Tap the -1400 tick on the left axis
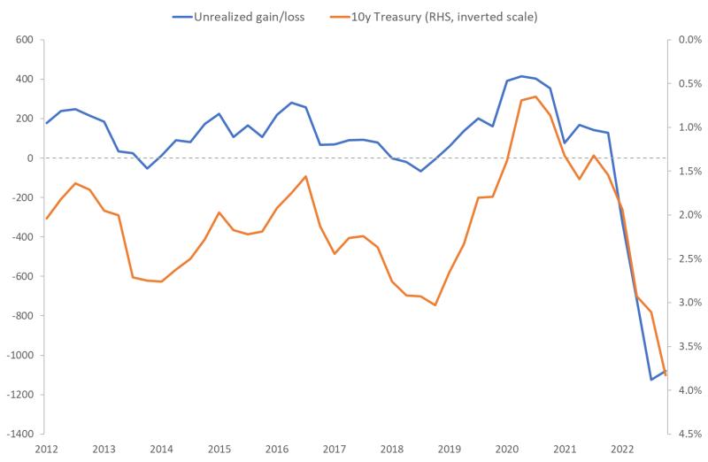point(18,435)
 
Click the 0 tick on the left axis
point(29,158)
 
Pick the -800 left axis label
point(20,316)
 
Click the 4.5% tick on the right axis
point(689,435)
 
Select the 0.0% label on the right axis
point(689,40)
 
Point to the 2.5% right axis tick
point(689,259)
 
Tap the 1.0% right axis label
point(689,127)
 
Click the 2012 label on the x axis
point(46,449)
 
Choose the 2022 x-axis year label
point(623,449)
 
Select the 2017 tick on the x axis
point(335,449)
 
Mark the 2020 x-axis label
point(507,449)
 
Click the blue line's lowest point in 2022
point(651,380)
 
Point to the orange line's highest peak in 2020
point(535,96)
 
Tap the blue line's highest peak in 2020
point(521,76)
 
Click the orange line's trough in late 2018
point(435,305)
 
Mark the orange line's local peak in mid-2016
point(305,176)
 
